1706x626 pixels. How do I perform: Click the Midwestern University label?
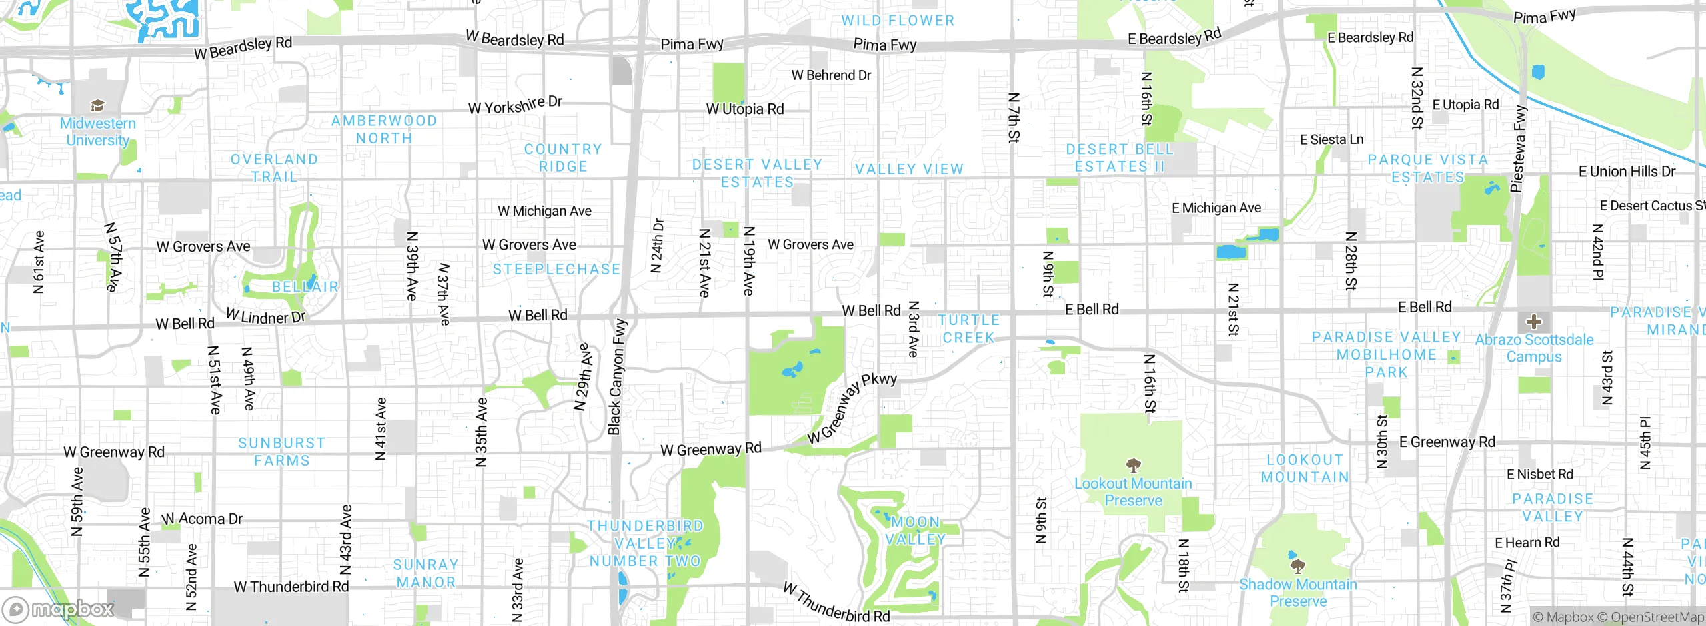97,132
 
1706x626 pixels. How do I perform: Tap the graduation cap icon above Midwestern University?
97,105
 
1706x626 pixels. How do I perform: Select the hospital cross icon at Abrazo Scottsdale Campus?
1533,322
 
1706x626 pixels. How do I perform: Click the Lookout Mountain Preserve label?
1133,492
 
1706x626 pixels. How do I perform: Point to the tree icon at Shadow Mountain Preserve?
1297,567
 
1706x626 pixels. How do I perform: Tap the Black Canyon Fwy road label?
617,376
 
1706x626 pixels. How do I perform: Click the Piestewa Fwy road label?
1518,148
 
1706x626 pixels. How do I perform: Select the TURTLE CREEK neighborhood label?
968,329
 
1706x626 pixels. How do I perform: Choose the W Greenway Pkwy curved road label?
852,408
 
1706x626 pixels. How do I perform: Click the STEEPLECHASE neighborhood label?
556,269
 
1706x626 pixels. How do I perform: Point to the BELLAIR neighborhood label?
305,287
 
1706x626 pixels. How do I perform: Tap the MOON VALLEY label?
915,531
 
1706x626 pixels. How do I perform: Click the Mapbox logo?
59,609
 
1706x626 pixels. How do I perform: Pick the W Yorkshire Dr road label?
515,105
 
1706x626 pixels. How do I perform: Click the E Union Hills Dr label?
1627,172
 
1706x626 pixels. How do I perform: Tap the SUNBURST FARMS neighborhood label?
281,452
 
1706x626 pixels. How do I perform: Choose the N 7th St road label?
1013,118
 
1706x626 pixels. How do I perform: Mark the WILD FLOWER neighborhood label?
898,21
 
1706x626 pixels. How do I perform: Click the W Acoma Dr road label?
202,519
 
